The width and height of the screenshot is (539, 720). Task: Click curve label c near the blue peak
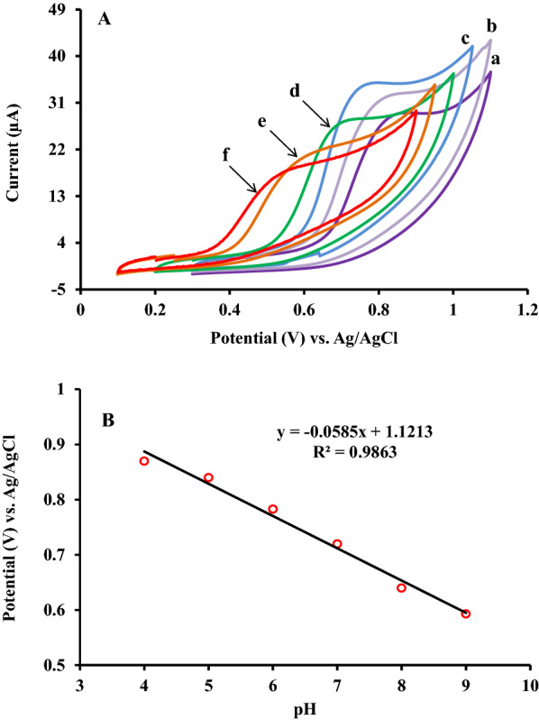tap(465, 38)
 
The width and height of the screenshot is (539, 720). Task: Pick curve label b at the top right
tap(491, 24)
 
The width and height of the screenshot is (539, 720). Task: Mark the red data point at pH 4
tap(144, 461)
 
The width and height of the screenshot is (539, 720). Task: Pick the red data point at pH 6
tap(273, 509)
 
